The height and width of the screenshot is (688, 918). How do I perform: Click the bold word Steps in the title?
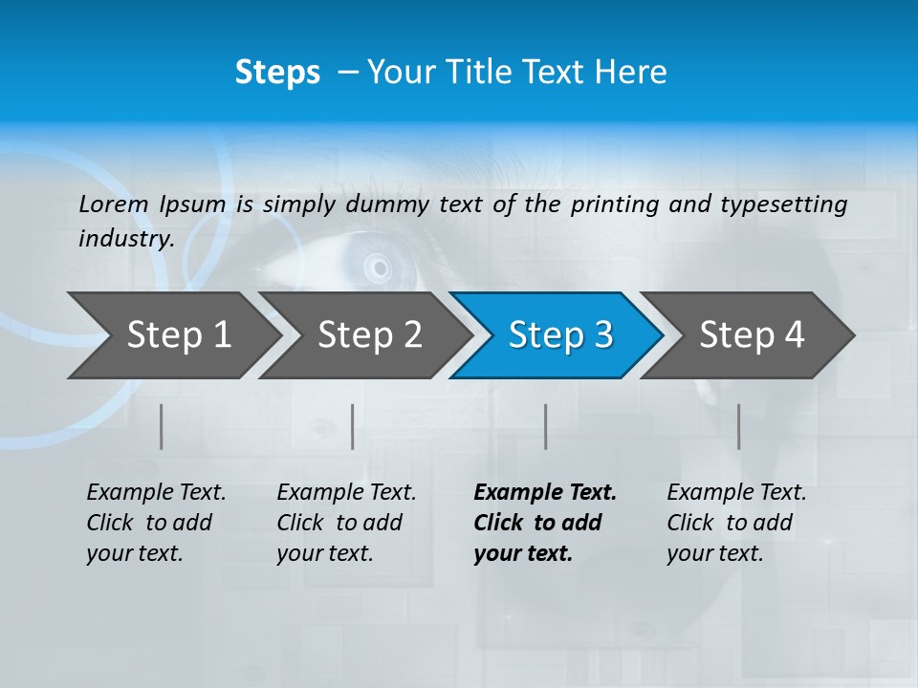coord(277,73)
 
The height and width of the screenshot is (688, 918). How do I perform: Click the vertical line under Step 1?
coord(162,426)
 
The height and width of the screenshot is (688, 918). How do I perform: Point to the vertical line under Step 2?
coord(353,426)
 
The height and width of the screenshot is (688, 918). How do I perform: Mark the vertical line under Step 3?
coord(545,426)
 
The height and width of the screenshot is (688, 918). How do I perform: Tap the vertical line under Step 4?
coord(738,426)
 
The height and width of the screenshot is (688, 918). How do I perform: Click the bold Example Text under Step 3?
coord(545,523)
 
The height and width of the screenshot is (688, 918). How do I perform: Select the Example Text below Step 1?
coord(156,523)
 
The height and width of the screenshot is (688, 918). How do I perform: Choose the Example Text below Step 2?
coord(346,523)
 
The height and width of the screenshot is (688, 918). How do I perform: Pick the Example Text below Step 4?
coord(736,523)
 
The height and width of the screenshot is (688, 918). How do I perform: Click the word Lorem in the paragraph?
coord(114,204)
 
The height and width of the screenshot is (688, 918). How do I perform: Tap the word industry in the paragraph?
coord(126,238)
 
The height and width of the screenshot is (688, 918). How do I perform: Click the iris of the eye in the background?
coord(379,266)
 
